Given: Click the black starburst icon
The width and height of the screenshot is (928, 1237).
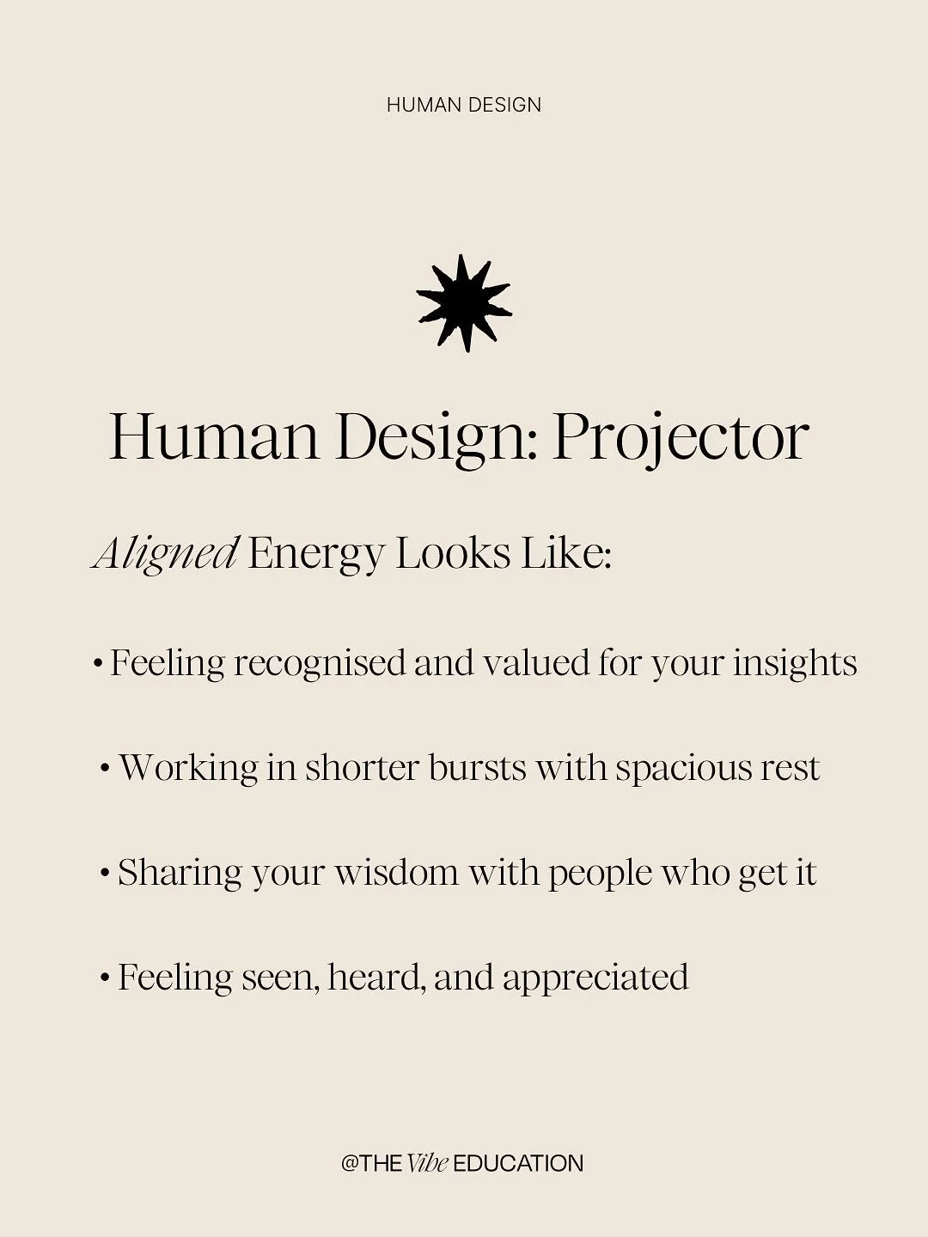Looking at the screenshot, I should click(x=464, y=303).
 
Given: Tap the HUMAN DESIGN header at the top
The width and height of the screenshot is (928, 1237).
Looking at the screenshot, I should click(x=464, y=105).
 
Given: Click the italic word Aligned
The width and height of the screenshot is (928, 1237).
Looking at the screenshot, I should click(x=165, y=553).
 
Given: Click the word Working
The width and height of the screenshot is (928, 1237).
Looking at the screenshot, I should click(x=188, y=768).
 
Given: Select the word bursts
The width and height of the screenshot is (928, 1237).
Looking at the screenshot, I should click(x=477, y=768).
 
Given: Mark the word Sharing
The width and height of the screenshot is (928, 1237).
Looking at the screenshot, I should click(x=180, y=873).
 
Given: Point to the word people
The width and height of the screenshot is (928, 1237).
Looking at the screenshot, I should click(x=600, y=874).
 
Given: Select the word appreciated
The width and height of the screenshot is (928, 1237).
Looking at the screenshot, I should click(x=595, y=978).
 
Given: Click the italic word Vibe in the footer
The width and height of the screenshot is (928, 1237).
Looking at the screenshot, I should click(x=427, y=1164).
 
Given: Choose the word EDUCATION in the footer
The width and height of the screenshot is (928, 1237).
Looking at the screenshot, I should click(x=518, y=1164).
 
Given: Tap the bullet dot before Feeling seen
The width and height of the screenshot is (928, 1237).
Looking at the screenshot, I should click(x=105, y=978).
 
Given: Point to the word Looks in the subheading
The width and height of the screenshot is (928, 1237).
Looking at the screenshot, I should click(x=453, y=553).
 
